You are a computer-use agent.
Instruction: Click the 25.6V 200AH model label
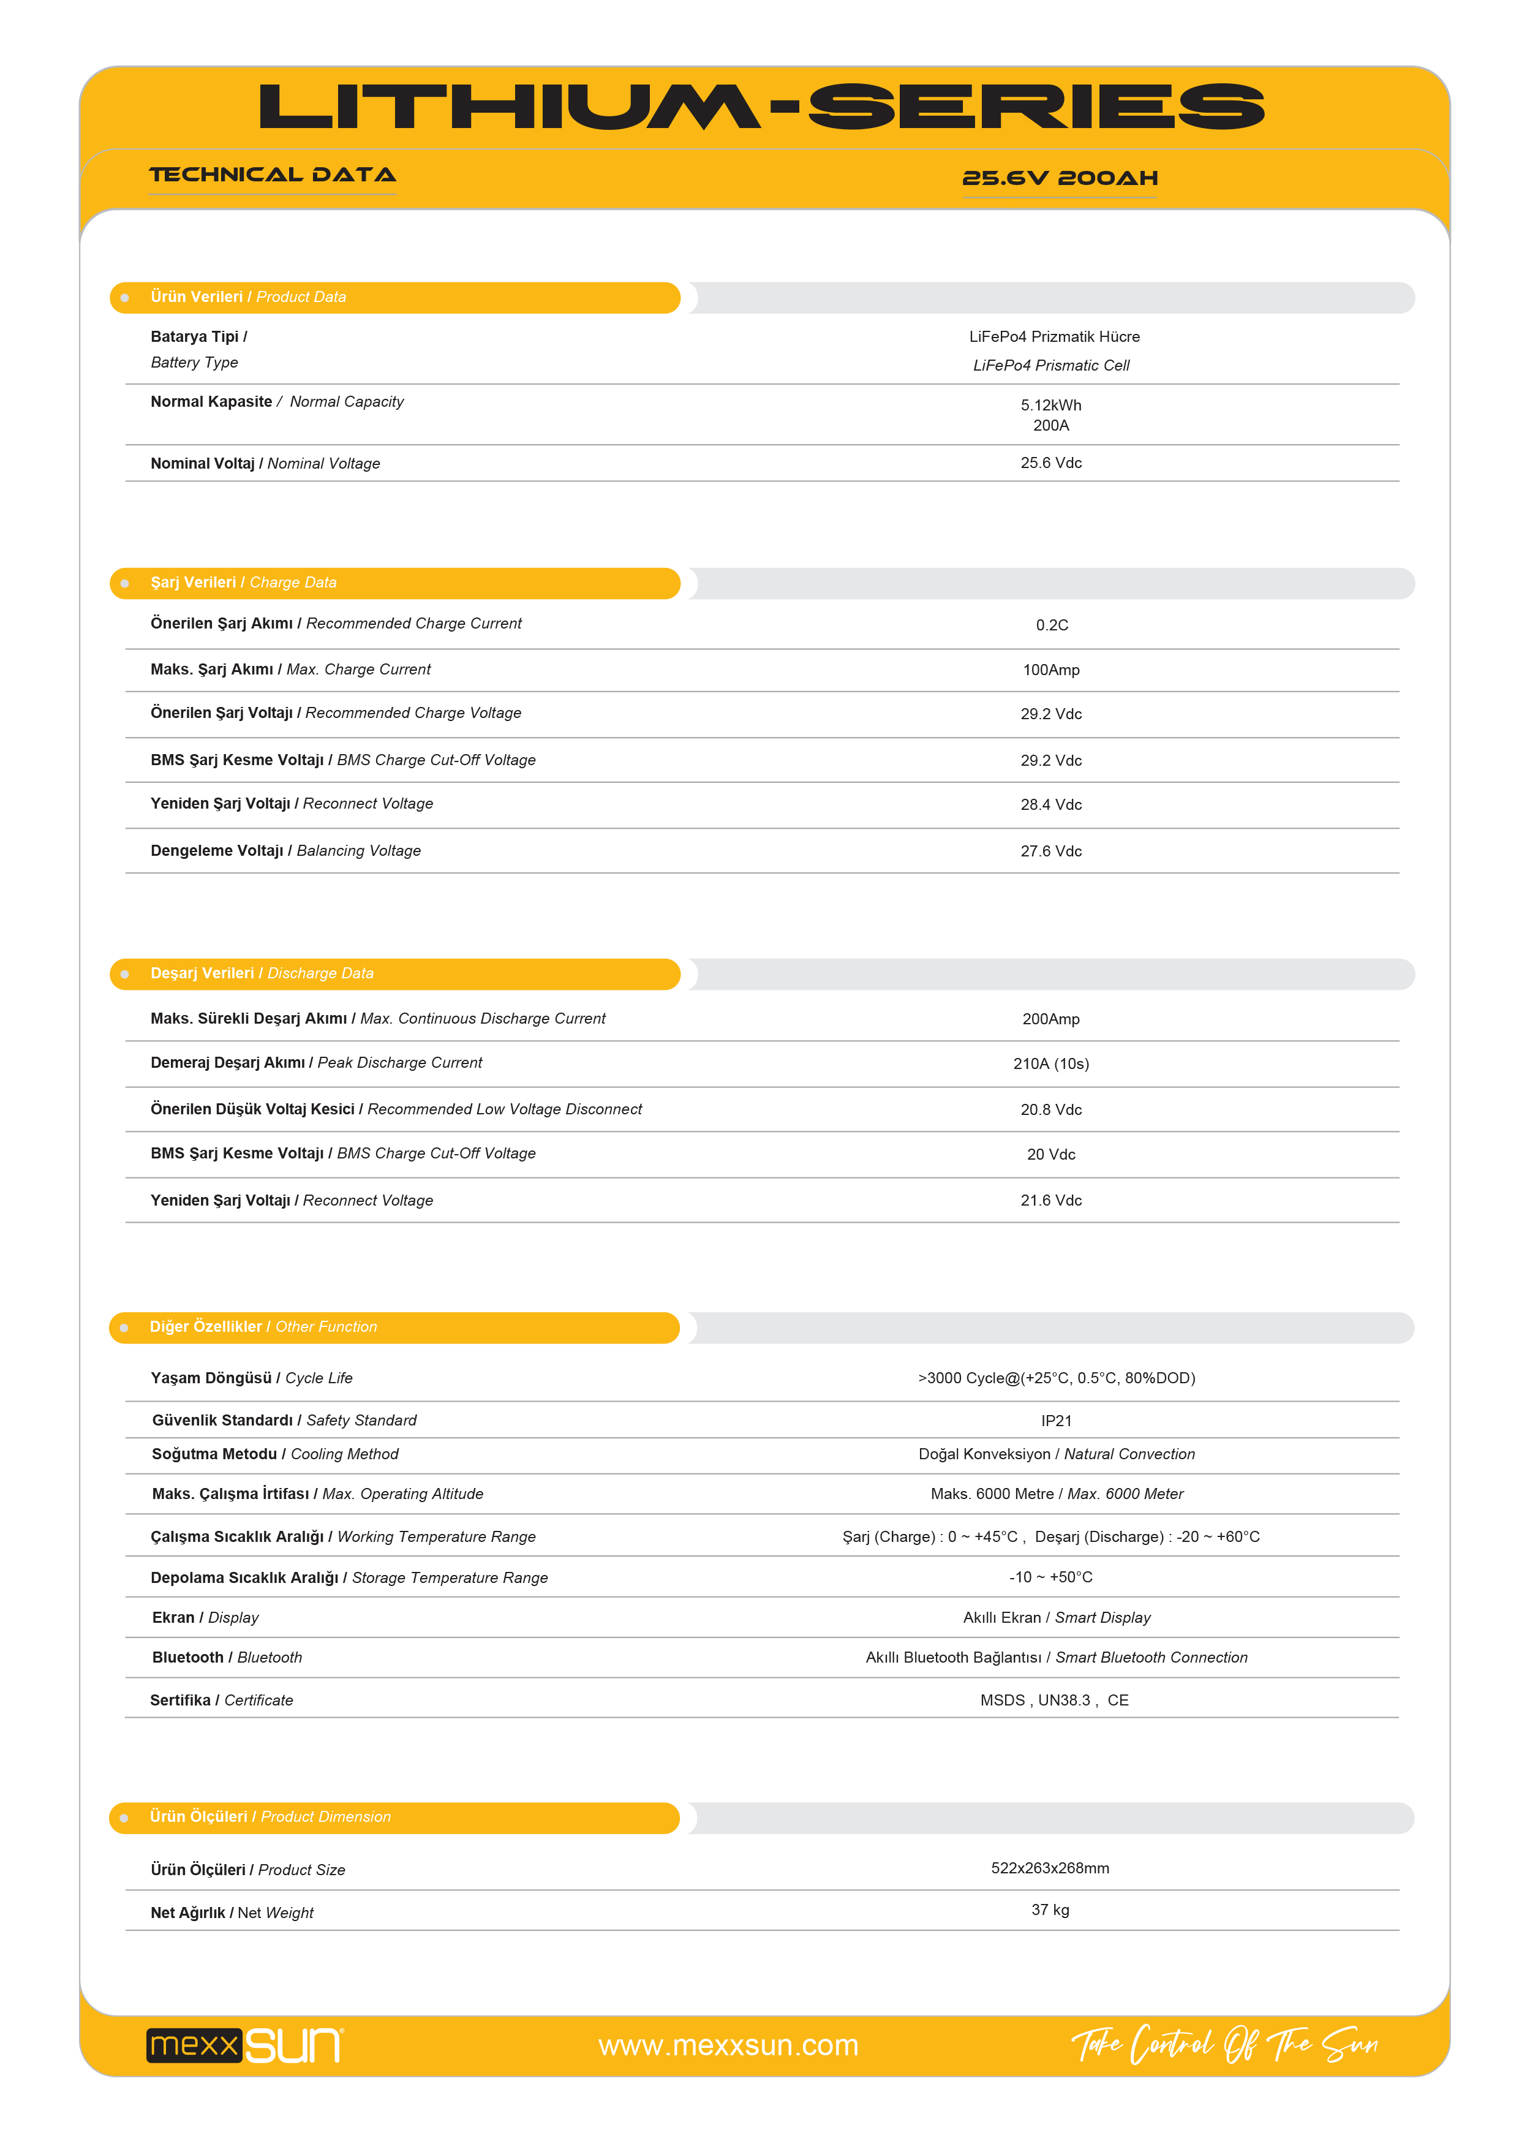coord(1060,178)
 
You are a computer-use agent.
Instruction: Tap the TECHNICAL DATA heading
coord(273,175)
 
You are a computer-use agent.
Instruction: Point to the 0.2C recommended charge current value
coord(1051,625)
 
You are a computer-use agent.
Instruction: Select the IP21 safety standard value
coord(1056,1421)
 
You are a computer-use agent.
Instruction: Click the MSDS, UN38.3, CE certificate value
coord(1054,1701)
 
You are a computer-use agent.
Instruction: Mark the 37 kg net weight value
coord(1049,1909)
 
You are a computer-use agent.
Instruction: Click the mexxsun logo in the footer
coord(245,2045)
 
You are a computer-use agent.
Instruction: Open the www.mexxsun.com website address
coord(728,2045)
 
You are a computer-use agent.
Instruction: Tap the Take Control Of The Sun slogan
coord(1224,2044)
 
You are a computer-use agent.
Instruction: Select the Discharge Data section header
coord(262,973)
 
